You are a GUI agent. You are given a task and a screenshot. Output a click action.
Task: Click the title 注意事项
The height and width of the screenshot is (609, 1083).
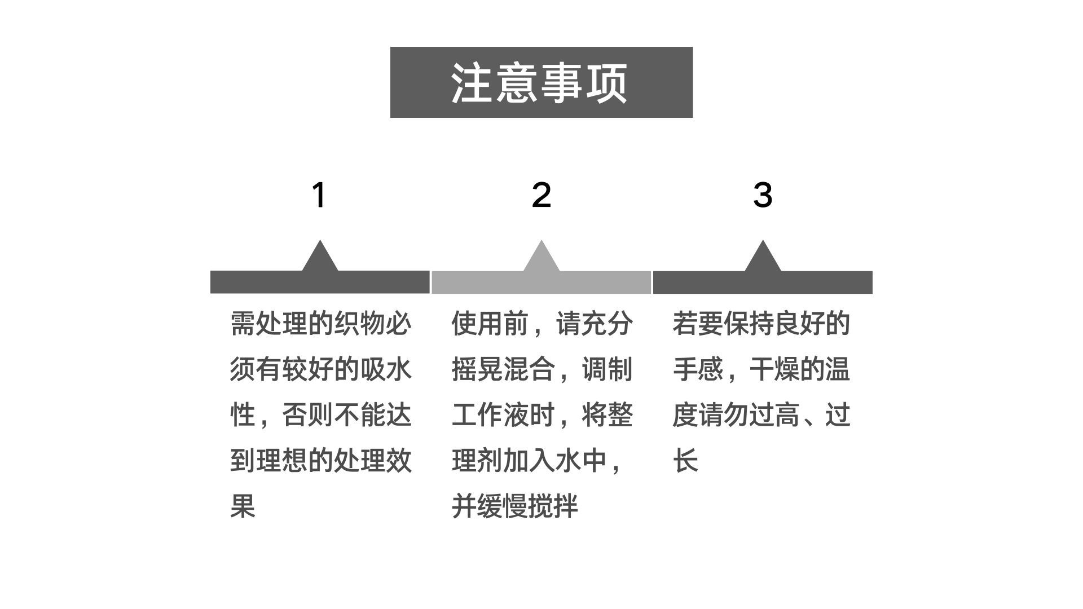click(x=540, y=83)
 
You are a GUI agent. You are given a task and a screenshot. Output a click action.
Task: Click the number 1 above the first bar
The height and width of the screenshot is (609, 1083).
click(x=319, y=195)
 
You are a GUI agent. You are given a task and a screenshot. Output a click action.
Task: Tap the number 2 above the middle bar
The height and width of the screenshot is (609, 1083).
click(x=541, y=195)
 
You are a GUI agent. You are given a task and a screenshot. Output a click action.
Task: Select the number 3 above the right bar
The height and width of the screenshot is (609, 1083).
click(x=762, y=195)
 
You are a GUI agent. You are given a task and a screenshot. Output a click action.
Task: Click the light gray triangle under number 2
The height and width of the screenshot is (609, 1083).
click(x=541, y=258)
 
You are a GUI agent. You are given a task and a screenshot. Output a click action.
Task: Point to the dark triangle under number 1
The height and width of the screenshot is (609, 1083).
click(x=320, y=258)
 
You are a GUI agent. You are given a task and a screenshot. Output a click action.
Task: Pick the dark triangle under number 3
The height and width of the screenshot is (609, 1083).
click(x=763, y=258)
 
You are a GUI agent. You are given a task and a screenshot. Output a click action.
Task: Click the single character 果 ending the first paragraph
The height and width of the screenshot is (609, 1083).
click(x=243, y=506)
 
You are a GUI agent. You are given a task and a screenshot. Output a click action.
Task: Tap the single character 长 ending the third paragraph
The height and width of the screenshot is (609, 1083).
click(x=685, y=460)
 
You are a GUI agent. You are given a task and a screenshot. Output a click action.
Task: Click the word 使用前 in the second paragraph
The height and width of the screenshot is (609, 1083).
click(x=490, y=324)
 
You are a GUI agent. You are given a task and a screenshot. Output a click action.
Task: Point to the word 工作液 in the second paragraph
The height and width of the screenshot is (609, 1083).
click(x=490, y=415)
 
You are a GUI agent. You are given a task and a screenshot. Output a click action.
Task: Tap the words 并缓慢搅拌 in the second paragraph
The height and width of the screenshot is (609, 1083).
click(x=514, y=506)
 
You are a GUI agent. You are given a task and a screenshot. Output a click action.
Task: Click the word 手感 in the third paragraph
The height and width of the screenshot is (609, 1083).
click(x=698, y=369)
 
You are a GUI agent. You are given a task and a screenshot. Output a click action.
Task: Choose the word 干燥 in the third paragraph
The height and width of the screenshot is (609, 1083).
click(x=774, y=369)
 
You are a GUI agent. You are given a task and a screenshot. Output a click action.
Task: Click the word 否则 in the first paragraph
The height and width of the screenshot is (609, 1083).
click(x=307, y=415)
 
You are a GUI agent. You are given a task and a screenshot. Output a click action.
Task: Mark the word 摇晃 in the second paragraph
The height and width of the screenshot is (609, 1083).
click(x=477, y=369)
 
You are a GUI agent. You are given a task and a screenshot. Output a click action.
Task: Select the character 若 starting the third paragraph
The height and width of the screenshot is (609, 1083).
click(x=685, y=324)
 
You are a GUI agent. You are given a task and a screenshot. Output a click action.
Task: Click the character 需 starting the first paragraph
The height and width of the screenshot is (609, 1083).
click(x=243, y=324)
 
